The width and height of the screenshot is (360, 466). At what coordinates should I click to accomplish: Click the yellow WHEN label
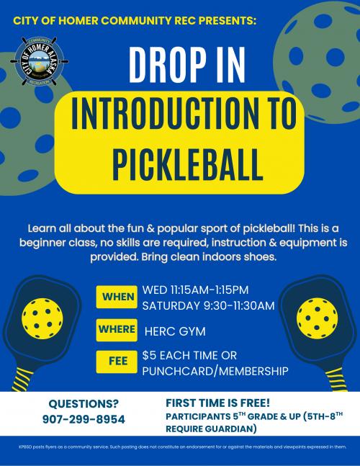click(117, 297)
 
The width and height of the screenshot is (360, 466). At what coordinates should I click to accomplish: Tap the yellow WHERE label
click(117, 330)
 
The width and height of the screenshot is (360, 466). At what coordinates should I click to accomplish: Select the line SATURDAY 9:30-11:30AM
click(209, 305)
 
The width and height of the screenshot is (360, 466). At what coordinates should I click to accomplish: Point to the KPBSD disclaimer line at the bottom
click(180, 447)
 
